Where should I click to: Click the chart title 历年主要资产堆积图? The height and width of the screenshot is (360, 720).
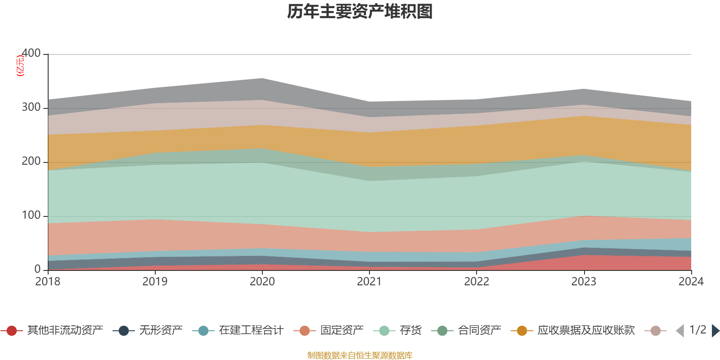coord(360,12)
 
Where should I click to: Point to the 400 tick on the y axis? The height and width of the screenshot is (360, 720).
coord(31,53)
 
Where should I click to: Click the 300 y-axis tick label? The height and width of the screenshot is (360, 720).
coord(31,107)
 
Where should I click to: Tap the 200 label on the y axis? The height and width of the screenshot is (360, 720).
coord(31,161)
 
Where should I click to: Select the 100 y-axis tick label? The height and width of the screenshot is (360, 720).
coord(31,215)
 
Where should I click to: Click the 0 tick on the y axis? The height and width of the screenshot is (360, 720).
coord(37,269)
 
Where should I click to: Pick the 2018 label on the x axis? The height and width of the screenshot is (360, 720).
coord(48,282)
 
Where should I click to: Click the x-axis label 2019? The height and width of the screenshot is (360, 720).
coord(155,282)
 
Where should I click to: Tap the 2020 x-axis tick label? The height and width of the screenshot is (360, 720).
coord(262,282)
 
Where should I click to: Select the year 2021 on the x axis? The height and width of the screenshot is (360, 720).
coord(369,282)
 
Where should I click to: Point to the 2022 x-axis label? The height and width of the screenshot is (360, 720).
coord(477,282)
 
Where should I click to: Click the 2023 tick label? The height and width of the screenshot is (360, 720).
coord(584,282)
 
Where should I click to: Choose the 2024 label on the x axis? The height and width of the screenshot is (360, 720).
coord(691,282)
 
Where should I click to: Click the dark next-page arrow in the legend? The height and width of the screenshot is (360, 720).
coord(715,331)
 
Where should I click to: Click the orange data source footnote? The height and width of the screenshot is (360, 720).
coord(360,355)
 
